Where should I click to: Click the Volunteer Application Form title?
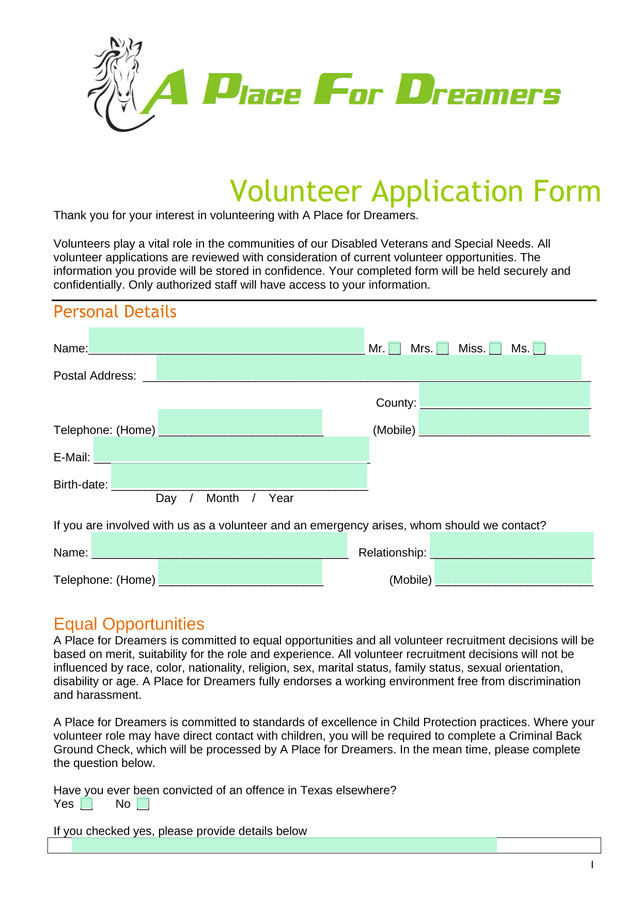[x=415, y=191]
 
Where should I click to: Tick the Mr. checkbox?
[x=395, y=348]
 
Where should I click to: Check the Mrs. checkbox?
[x=443, y=348]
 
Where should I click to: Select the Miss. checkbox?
[x=496, y=348]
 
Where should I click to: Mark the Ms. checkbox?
[x=540, y=348]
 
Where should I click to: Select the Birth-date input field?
[x=239, y=483]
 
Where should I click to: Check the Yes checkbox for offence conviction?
[x=87, y=804]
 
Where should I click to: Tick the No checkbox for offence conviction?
[x=143, y=804]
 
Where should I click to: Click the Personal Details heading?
[x=114, y=312]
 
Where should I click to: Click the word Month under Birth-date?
[x=222, y=498]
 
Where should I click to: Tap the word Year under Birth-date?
[x=281, y=498]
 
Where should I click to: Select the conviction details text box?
[x=284, y=845]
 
